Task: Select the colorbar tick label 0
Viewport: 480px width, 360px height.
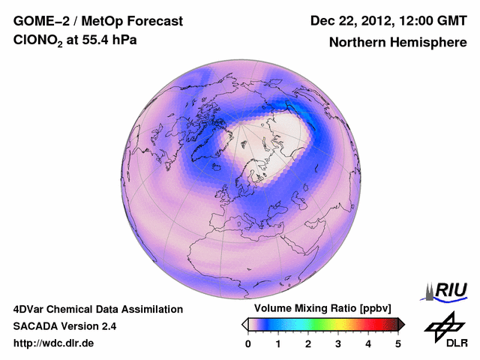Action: [x=248, y=343]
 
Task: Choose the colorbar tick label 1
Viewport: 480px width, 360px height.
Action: [x=278, y=343]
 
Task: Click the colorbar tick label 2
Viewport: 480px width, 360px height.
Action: [x=308, y=343]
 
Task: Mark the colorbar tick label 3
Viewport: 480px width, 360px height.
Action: [x=338, y=343]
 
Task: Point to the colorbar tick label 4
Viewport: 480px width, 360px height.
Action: [x=368, y=343]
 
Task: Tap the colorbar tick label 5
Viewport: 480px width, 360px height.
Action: [x=398, y=343]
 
